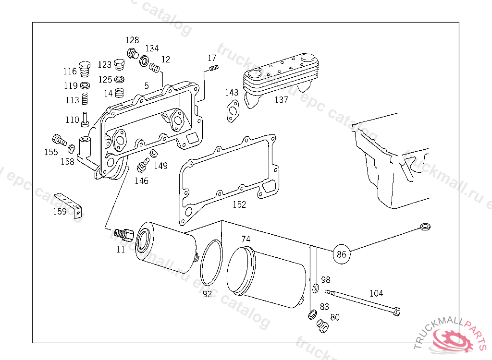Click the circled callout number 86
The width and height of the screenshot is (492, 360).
(341, 253)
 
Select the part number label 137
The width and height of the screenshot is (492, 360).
(281, 100)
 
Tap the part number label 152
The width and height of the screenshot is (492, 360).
(239, 204)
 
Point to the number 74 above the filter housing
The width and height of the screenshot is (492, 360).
(246, 239)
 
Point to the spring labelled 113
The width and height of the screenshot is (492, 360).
(86, 99)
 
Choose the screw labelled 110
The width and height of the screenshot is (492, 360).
(85, 118)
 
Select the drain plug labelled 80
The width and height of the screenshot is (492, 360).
(323, 326)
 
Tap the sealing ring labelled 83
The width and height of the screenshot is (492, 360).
(312, 314)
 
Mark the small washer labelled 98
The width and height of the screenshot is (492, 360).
(316, 288)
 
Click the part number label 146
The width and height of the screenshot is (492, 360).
(141, 180)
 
